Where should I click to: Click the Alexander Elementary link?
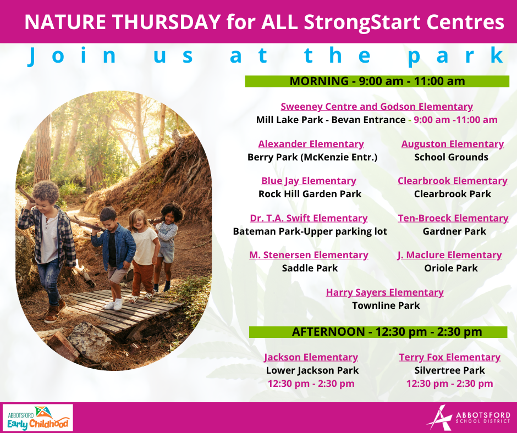311,144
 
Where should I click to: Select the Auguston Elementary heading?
452,144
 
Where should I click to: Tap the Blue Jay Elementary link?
309,181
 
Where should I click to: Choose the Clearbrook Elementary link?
452,181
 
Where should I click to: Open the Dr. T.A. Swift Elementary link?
309,218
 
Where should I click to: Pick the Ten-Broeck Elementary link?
453,218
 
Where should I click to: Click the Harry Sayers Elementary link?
385,292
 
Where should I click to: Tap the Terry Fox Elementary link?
450,357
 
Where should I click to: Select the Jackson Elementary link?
311,357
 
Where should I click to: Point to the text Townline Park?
386,306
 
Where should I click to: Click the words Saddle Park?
310,268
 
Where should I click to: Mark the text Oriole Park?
451,268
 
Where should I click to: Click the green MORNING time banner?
377,81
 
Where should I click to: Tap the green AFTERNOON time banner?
378,332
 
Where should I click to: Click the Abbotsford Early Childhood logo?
38,418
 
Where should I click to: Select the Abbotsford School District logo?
468,418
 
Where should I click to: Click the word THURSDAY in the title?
166,22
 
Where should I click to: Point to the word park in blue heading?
456,55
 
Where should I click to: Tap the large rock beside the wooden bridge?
89,341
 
